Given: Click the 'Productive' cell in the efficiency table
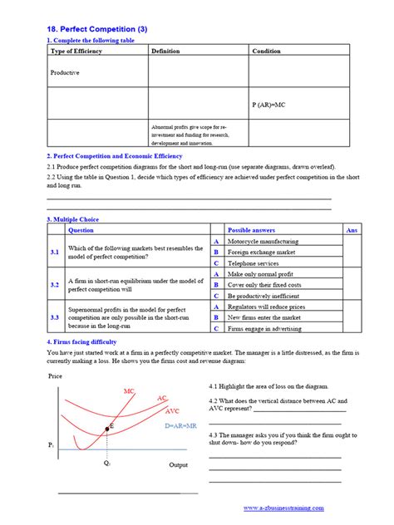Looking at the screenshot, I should pos(65,72).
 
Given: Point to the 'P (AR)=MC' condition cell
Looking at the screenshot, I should pos(268,105).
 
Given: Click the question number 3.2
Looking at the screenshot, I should pos(54,285).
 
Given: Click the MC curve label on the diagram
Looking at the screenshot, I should pos(130,390).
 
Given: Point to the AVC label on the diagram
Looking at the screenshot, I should pos(173,410).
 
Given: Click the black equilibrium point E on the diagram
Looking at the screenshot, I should pos(107,428).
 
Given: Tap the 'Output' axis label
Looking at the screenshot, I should pos(178,464).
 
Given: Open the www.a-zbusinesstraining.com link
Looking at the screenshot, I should pos(283,508).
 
